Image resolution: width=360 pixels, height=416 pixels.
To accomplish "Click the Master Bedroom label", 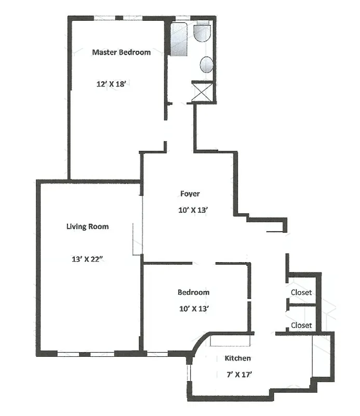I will point(121,52).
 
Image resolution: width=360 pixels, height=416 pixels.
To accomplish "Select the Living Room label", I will point(87,226).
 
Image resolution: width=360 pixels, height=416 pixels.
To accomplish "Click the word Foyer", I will point(190,194).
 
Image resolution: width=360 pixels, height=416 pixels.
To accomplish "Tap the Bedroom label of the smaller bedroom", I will point(193,292).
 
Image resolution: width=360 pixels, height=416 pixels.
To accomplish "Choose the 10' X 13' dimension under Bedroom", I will point(193,309).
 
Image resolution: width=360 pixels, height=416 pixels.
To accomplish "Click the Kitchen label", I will point(237,358).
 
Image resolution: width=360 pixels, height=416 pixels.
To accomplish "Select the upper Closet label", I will point(301,292).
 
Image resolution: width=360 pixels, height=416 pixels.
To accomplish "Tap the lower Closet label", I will point(301,326).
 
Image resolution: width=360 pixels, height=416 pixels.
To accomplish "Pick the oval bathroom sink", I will point(206,65).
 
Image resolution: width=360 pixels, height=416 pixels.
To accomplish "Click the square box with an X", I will point(202,92).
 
